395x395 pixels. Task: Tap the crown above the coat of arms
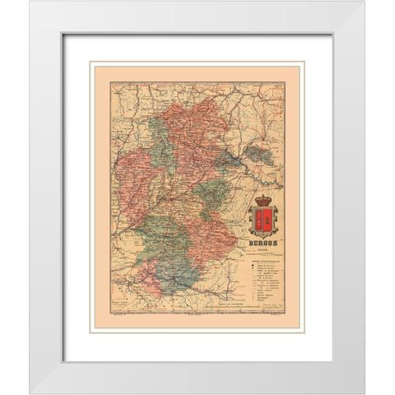(264, 200)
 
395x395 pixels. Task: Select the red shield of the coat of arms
(264, 219)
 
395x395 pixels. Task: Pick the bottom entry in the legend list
(264, 314)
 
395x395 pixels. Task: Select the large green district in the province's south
(165, 239)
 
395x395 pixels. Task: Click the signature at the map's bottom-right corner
(272, 324)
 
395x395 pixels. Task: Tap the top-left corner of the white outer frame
(30, 2)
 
